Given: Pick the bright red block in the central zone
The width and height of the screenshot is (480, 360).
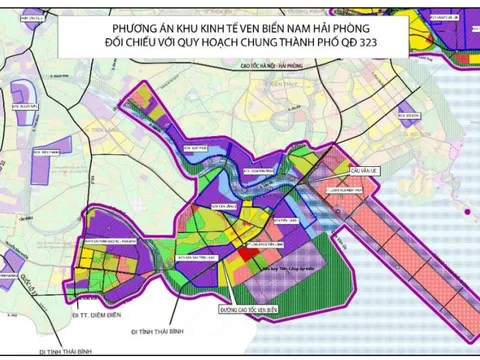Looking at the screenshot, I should (x=245, y=256).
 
